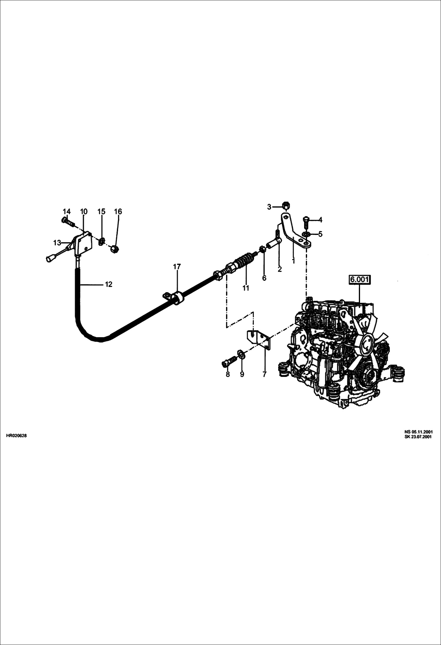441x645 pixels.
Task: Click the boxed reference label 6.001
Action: (359, 279)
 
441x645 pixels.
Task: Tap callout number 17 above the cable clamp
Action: (177, 267)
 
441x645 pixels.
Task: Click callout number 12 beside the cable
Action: (109, 284)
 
